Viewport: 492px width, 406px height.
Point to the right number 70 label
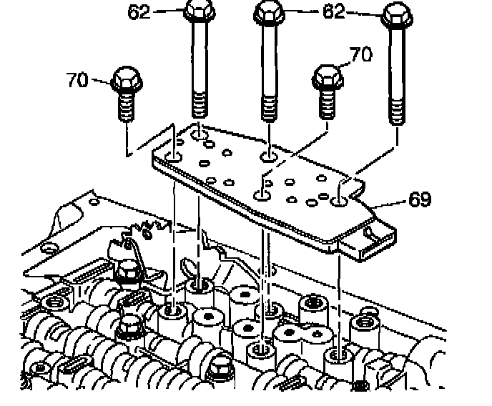[360, 56]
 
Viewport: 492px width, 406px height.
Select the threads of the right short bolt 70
[326, 104]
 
